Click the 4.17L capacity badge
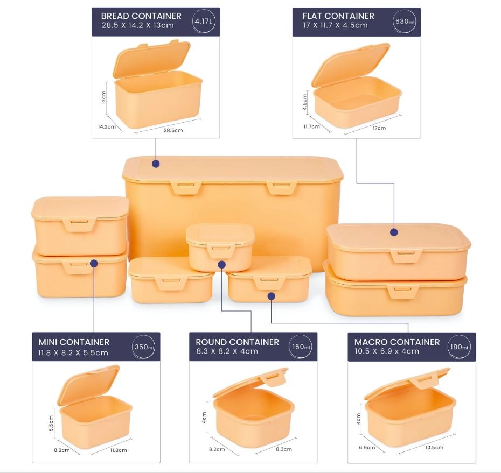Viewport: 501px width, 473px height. (x=204, y=22)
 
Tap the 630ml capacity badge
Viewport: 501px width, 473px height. (x=405, y=22)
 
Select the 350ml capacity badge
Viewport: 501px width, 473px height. (x=144, y=347)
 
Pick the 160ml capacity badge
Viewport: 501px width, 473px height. (x=301, y=347)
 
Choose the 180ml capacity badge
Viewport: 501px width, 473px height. (x=459, y=347)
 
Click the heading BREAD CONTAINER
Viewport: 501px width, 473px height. (x=141, y=16)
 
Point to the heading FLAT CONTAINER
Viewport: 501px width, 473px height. (x=338, y=16)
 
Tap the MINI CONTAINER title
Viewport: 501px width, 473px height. (x=74, y=342)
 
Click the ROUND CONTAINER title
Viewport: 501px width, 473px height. (x=238, y=342)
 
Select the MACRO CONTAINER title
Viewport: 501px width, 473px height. (x=397, y=342)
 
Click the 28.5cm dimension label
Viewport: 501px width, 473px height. (x=173, y=130)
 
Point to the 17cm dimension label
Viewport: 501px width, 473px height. (x=379, y=128)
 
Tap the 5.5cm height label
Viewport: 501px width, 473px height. (x=51, y=423)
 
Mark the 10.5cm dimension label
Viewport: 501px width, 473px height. (x=434, y=448)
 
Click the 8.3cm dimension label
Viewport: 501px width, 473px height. (x=284, y=449)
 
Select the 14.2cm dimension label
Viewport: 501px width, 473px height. (x=107, y=126)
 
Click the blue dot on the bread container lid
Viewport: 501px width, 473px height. (x=156, y=164)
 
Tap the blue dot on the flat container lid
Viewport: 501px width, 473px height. (x=394, y=232)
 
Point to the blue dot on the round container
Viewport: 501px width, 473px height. (x=222, y=265)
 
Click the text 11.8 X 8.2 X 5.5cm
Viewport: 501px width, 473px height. (x=73, y=352)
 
